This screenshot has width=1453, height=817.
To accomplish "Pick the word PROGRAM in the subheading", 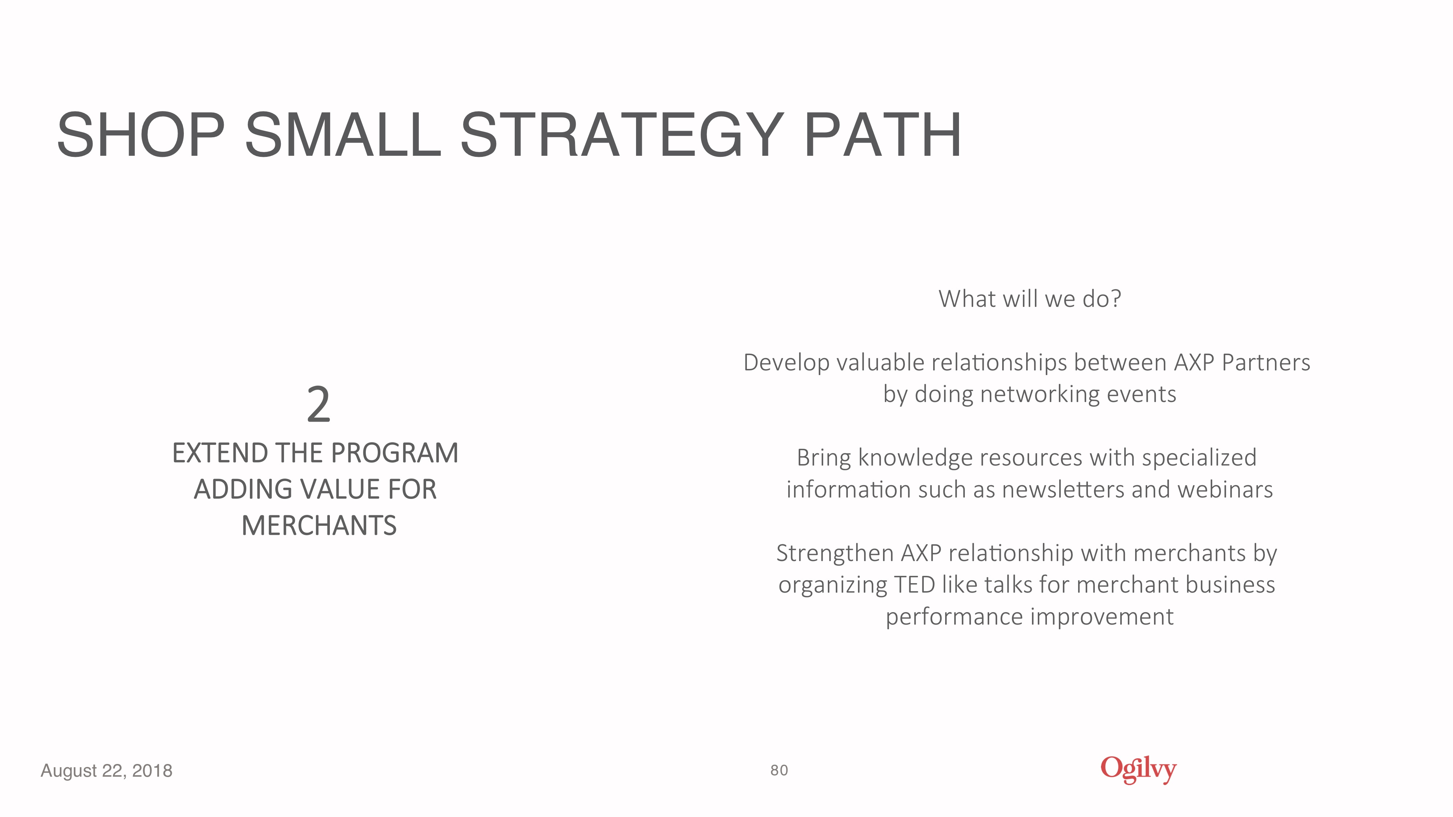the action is point(395,453).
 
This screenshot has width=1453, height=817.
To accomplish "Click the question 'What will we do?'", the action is point(1030,299).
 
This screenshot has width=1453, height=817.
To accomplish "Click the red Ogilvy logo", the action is point(1138,770).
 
